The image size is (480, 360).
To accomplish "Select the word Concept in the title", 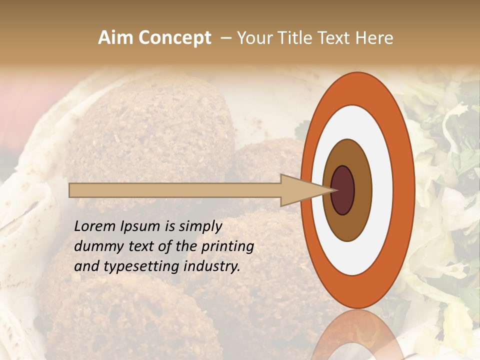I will pos(175,38).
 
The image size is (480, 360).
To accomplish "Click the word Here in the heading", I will pos(374,38).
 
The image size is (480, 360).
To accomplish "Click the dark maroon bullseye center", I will pos(342,190).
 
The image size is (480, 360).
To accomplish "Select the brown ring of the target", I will pos(361,190).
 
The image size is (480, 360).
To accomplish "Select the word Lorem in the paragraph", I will pos(94,226).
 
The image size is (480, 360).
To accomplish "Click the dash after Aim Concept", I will pos(225,38).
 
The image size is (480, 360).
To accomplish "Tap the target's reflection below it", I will pos(358,335).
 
